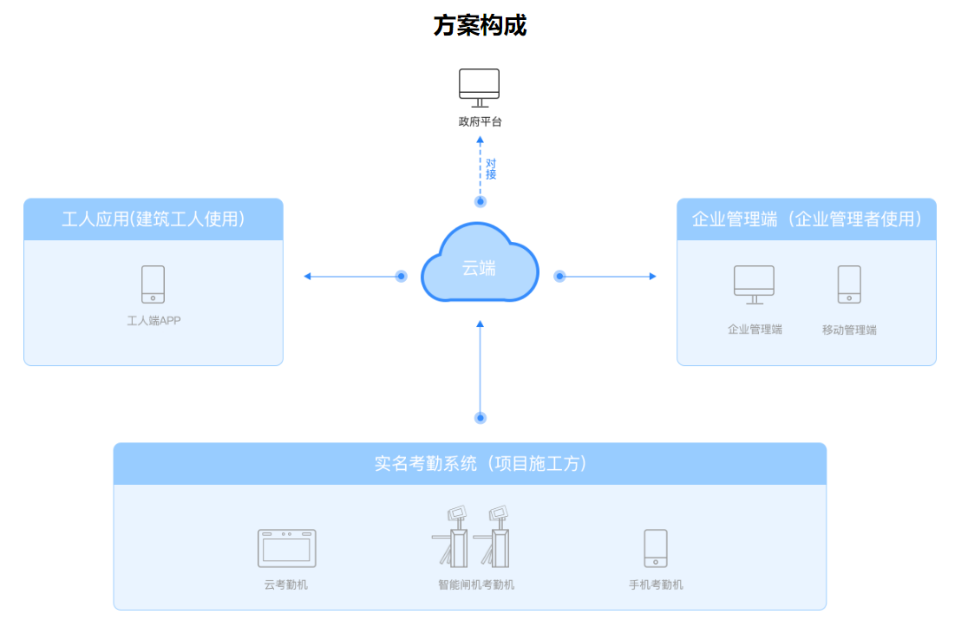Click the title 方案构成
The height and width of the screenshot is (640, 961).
point(480,26)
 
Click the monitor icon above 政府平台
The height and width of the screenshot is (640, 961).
point(480,88)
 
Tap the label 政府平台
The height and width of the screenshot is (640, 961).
point(480,122)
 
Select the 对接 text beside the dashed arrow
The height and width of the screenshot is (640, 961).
point(491,168)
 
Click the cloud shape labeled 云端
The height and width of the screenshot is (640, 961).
point(480,263)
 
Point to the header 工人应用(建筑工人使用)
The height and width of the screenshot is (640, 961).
point(154,219)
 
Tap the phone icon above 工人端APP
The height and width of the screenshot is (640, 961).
point(154,284)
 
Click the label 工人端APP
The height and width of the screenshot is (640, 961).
point(154,321)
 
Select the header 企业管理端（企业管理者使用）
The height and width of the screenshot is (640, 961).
point(806,219)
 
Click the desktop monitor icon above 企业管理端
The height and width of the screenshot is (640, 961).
point(754,284)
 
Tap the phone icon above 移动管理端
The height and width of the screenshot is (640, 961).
point(849,284)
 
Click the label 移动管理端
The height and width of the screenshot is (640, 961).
point(849,330)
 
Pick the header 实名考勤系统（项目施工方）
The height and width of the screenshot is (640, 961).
point(469,464)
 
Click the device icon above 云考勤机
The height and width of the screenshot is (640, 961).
point(286,548)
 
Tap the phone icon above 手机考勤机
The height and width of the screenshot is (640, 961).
point(656,548)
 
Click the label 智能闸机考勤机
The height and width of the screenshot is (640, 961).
point(475,585)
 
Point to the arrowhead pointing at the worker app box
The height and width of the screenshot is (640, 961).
point(307,277)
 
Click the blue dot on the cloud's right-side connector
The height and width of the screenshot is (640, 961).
point(559,277)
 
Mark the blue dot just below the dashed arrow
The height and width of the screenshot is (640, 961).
point(480,201)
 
